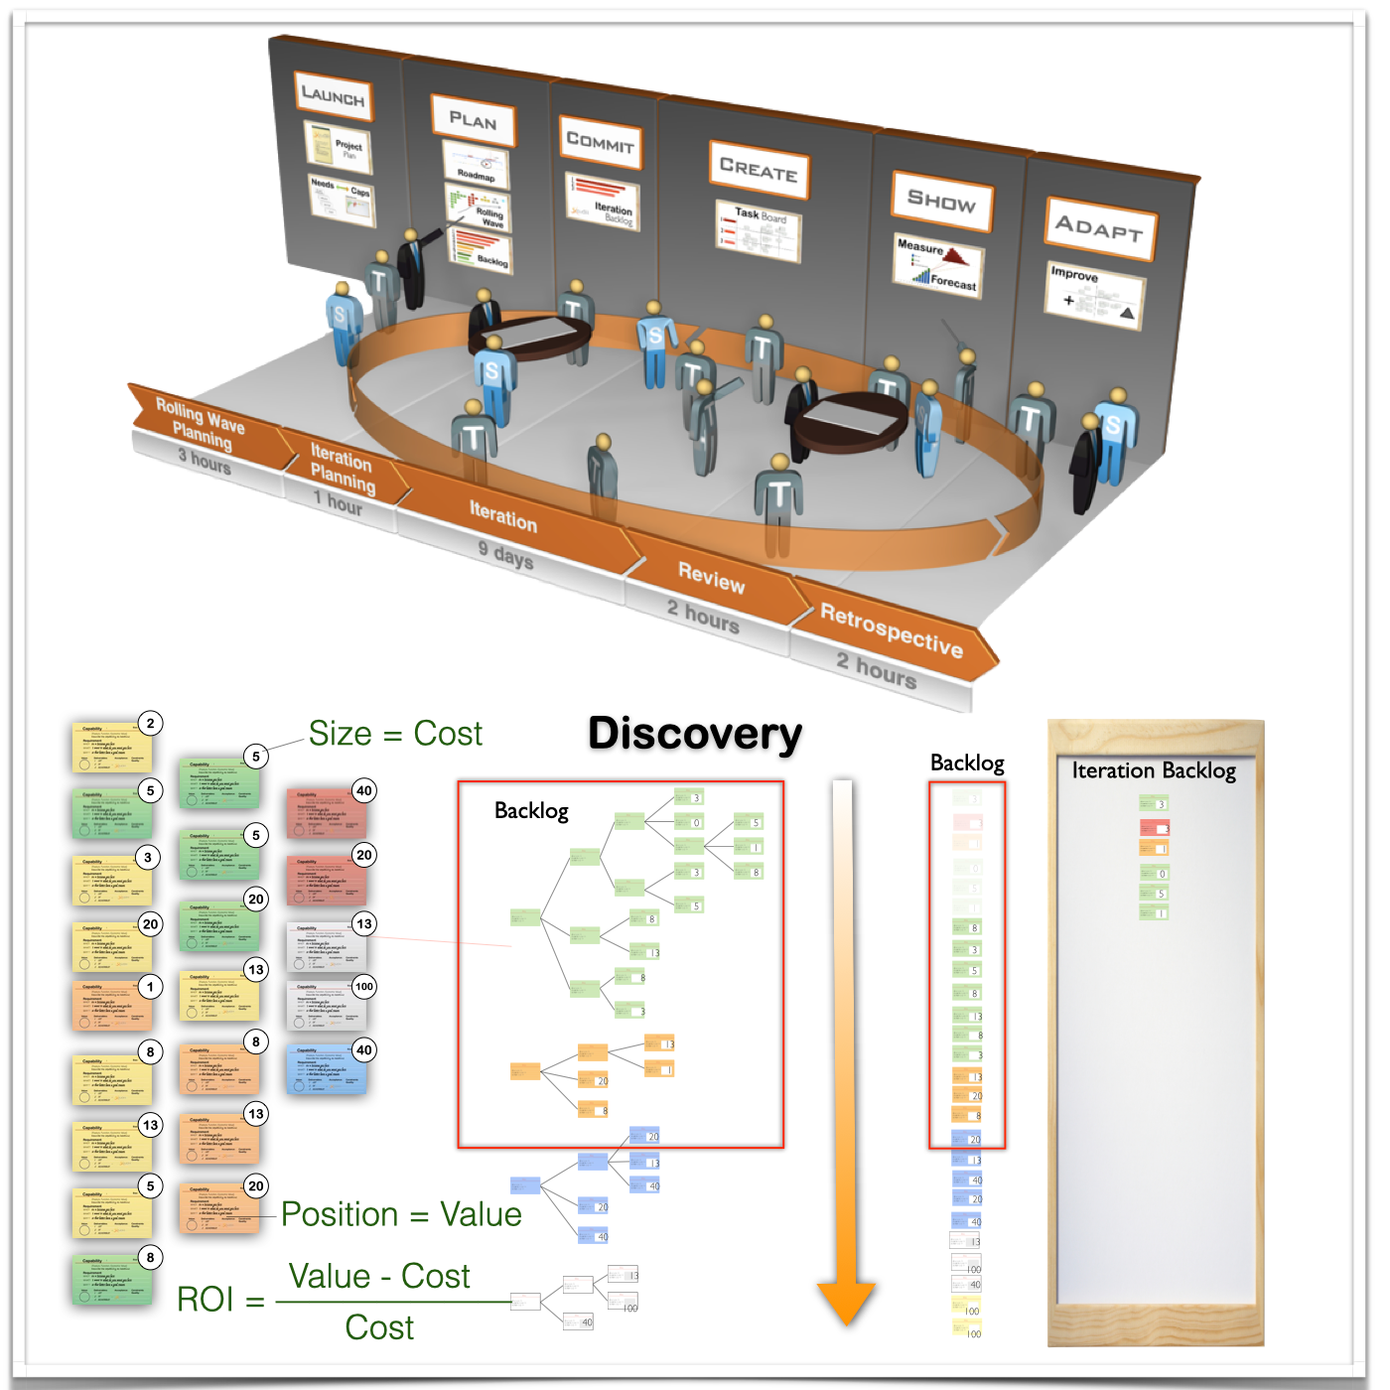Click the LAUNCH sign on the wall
tap(334, 95)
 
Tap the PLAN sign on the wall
tap(473, 120)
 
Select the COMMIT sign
tap(600, 142)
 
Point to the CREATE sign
tap(759, 170)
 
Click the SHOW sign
tap(941, 202)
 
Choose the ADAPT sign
tap(1099, 229)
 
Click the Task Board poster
tap(759, 229)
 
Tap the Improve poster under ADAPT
tap(1094, 295)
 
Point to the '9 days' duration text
tap(505, 554)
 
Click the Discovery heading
tap(695, 735)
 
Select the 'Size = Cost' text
tap(395, 734)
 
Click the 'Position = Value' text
tap(401, 1214)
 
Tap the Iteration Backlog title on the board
tap(1154, 770)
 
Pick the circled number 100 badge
tap(364, 987)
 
